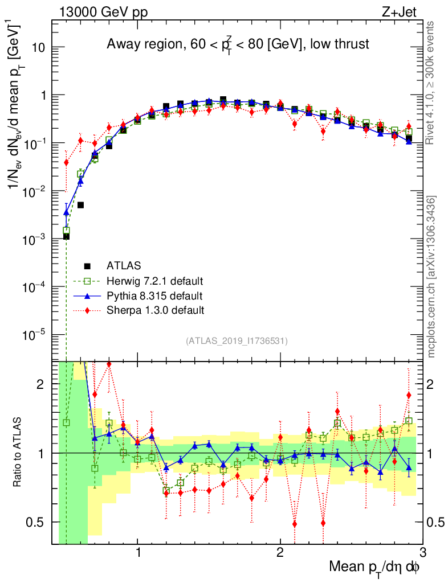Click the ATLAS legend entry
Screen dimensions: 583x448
click(x=123, y=266)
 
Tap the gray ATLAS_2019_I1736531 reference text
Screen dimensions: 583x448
click(x=237, y=341)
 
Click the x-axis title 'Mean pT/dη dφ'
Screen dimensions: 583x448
click(x=375, y=566)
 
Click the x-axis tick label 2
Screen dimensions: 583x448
click(x=280, y=553)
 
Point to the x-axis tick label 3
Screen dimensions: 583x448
click(x=422, y=553)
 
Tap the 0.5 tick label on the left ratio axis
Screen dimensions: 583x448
click(x=38, y=522)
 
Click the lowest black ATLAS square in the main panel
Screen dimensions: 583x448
click(x=66, y=236)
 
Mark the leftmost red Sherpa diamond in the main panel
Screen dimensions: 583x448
click(x=66, y=162)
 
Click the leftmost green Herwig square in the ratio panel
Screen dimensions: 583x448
click(x=66, y=422)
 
